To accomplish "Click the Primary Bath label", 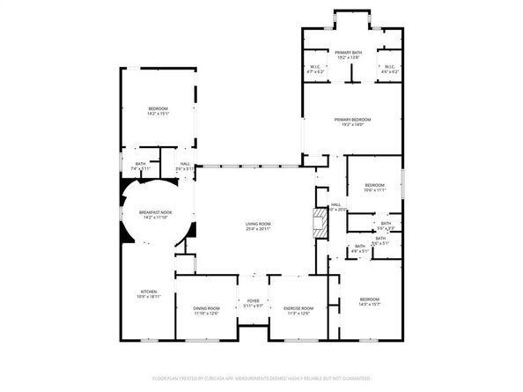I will [x=348, y=55].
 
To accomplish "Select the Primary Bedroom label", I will [x=351, y=122].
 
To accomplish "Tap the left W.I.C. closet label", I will [x=314, y=67].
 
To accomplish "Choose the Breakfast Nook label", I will [x=155, y=215].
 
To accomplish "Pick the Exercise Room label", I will [x=298, y=310].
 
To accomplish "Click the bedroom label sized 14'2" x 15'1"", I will [x=158, y=110].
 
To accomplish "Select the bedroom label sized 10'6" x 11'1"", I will [x=375, y=186].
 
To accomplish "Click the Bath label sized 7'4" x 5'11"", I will [x=141, y=166].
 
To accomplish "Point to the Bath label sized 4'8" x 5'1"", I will [x=359, y=248].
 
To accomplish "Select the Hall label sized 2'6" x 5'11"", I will [x=185, y=166].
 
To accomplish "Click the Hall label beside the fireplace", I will [x=335, y=208].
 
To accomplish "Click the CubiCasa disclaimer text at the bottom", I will [x=261, y=377].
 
